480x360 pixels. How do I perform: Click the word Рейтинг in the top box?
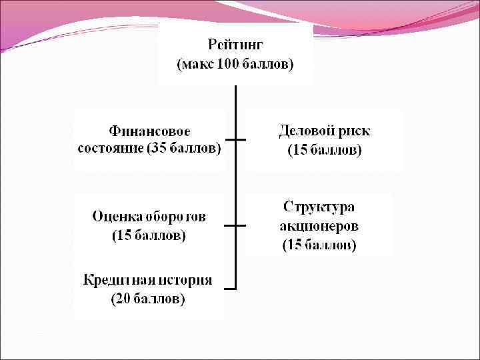click(x=236, y=45)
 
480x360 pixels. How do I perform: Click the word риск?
click(x=354, y=130)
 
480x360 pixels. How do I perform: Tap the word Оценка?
click(x=117, y=217)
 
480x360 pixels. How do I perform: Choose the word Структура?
click(x=319, y=206)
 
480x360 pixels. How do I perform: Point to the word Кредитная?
click(x=116, y=280)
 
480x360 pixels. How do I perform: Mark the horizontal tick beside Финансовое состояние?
click(x=235, y=139)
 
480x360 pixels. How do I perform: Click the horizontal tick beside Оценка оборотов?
click(x=235, y=226)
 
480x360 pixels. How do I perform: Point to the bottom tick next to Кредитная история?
click(x=231, y=289)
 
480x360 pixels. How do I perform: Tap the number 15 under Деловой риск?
click(x=301, y=150)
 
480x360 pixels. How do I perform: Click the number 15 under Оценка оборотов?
click(x=124, y=236)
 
